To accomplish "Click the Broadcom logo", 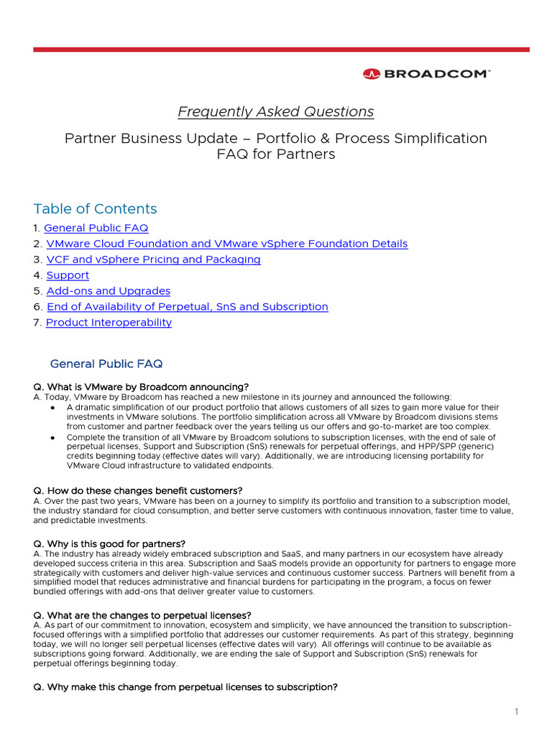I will tap(426, 73).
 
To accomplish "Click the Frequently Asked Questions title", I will tap(276, 111).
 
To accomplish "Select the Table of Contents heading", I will tap(95, 209).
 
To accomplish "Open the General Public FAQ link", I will tap(96, 228).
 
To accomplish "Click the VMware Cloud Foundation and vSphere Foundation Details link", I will tap(226, 244).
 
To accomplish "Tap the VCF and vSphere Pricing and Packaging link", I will tap(153, 259).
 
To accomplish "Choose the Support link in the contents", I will tap(68, 275).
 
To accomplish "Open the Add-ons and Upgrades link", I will tap(109, 291).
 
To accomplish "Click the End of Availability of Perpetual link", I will tap(187, 307).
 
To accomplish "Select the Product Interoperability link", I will tap(109, 323).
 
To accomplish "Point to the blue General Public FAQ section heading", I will tap(111, 364).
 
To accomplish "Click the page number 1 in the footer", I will tap(516, 712).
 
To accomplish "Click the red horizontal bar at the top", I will tap(281, 50).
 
